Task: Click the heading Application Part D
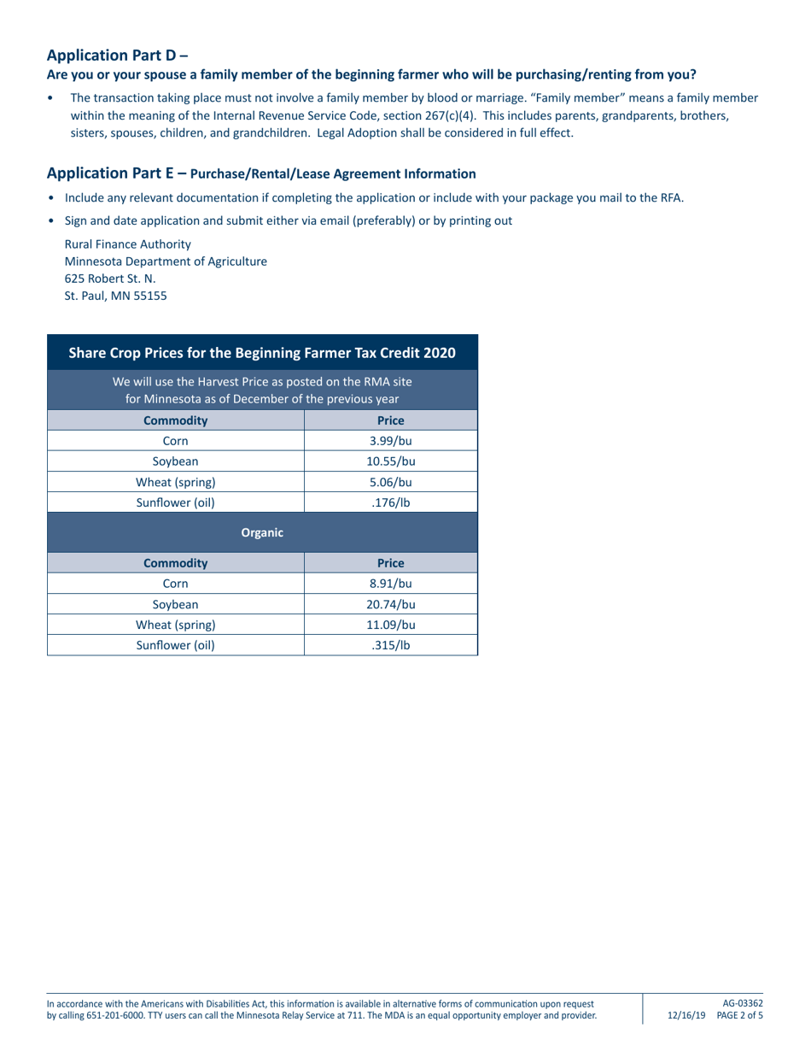pyautogui.click(x=117, y=56)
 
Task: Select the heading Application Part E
pyautogui.click(x=117, y=173)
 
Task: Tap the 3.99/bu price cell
pyautogui.click(x=391, y=441)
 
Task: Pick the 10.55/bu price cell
pyautogui.click(x=391, y=461)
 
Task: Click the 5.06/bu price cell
pyautogui.click(x=391, y=482)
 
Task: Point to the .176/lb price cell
pyautogui.click(x=391, y=502)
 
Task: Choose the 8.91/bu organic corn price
pyautogui.click(x=391, y=584)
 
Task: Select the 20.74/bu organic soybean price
pyautogui.click(x=391, y=604)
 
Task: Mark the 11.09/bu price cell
pyautogui.click(x=391, y=625)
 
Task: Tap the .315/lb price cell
pyautogui.click(x=391, y=645)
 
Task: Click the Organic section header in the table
pyautogui.click(x=262, y=532)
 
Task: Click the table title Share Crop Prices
pyautogui.click(x=262, y=352)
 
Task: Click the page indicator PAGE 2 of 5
pyautogui.click(x=740, y=1016)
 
